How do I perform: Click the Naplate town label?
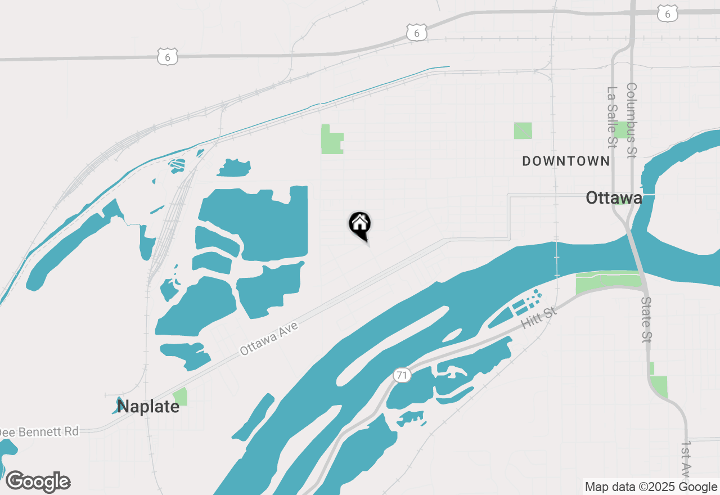point(148,406)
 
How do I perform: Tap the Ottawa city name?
point(614,197)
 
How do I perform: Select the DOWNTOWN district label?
point(566,161)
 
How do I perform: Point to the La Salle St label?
point(612,118)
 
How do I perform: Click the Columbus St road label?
point(631,120)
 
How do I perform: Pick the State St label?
point(646,320)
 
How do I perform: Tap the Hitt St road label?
point(538,318)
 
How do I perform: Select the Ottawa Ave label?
point(268,338)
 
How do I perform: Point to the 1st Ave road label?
point(686,458)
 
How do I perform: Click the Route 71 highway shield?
point(402,375)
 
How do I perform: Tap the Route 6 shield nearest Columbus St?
point(668,15)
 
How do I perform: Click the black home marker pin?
point(359,226)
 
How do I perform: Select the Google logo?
point(38,482)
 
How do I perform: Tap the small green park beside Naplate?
point(181,397)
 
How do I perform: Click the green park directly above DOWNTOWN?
point(523,130)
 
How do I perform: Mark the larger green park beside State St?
point(659,386)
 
